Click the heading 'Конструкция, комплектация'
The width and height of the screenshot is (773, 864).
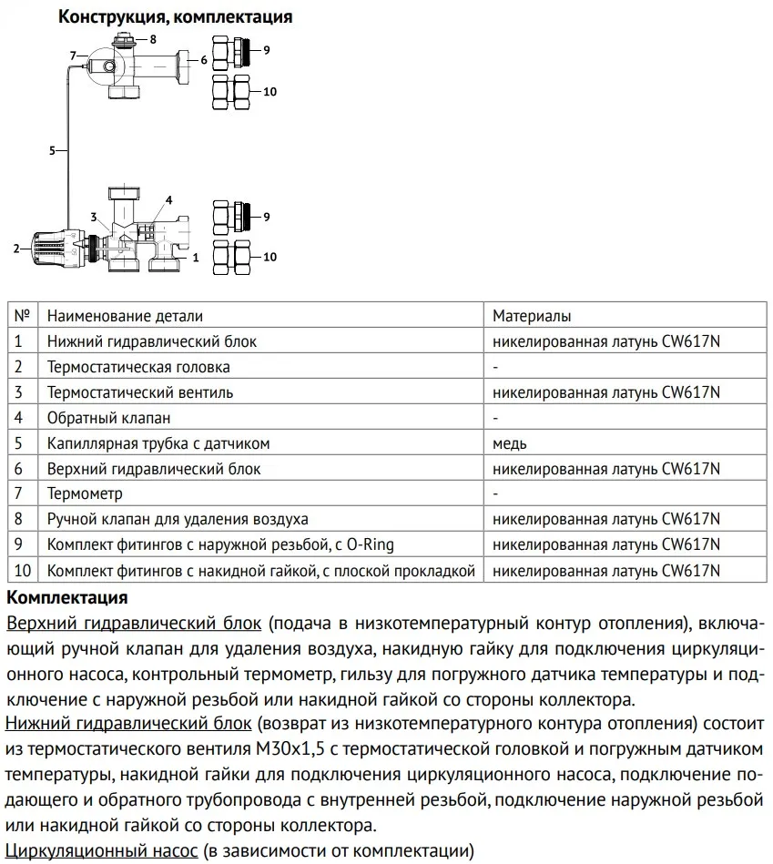click(176, 16)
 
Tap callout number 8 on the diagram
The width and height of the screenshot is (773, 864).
click(153, 39)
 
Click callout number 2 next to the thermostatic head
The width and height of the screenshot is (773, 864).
click(15, 248)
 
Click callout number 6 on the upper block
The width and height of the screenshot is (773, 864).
click(204, 59)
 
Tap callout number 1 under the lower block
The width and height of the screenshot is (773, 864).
click(194, 259)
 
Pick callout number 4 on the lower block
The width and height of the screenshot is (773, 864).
click(168, 198)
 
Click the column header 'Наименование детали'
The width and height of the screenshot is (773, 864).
click(126, 316)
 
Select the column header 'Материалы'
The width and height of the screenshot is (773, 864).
click(532, 316)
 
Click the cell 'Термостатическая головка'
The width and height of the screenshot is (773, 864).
click(138, 367)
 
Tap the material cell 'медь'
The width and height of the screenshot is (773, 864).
click(510, 443)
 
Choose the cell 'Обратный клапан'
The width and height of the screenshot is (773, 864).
click(109, 418)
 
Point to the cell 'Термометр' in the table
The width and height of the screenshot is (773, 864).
click(85, 493)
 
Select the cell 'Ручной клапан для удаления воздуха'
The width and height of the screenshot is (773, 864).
click(178, 519)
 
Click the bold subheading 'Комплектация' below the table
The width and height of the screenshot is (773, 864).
click(66, 598)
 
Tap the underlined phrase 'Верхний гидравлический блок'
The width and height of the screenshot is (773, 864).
click(134, 624)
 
